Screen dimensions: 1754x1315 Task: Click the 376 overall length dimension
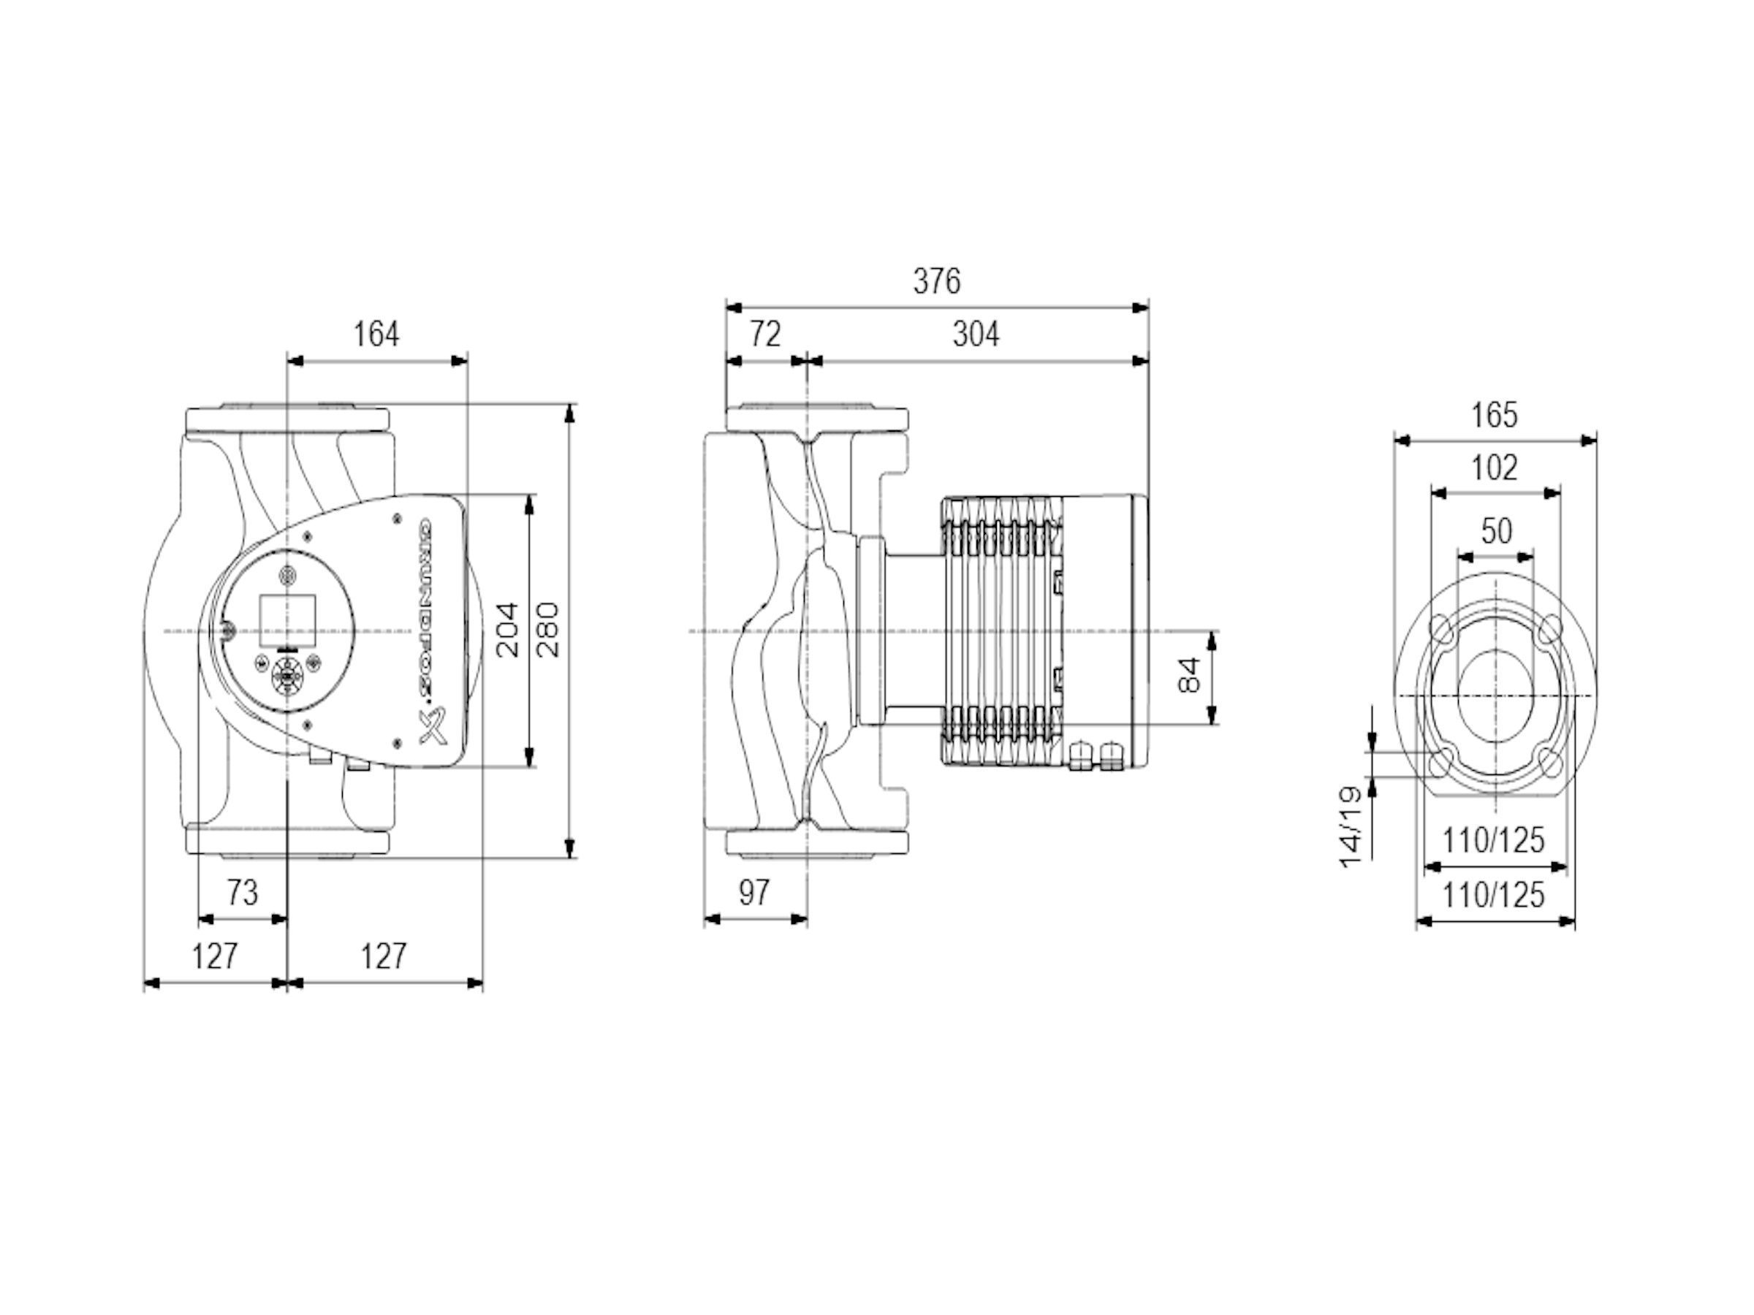tap(936, 281)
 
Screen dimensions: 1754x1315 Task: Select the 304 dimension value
tap(976, 335)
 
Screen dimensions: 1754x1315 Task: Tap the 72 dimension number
tap(765, 335)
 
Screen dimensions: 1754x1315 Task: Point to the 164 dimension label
tap(376, 334)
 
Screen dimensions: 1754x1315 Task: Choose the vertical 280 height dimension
tap(548, 631)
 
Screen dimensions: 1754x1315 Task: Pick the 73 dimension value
tap(243, 893)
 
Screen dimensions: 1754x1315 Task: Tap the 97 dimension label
tap(754, 893)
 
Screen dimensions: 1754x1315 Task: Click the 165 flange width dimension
tap(1495, 416)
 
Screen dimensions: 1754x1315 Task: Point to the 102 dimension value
tap(1495, 468)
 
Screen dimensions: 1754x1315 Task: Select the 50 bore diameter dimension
tap(1496, 530)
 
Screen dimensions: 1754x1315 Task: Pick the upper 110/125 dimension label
tap(1494, 840)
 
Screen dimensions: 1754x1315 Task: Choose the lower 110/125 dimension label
tap(1494, 896)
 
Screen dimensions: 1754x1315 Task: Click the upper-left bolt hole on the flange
tap(1440, 630)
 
